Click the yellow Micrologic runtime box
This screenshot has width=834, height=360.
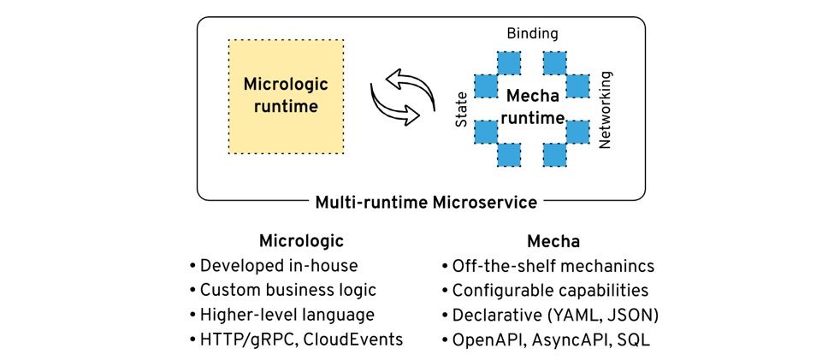[286, 97]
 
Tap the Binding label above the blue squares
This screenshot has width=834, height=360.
[532, 33]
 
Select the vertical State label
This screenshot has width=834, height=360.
[461, 109]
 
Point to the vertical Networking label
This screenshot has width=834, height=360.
[606, 109]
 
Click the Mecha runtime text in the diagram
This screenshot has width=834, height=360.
[532, 107]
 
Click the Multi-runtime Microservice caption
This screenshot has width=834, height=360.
[426, 203]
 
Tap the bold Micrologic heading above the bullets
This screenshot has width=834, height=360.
[301, 241]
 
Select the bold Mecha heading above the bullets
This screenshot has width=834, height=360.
[553, 241]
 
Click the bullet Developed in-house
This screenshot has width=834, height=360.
[274, 265]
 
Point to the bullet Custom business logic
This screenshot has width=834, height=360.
[283, 291]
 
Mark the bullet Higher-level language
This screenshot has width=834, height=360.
[282, 315]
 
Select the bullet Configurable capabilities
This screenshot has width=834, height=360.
[545, 291]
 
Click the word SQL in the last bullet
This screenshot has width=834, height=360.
[634, 339]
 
